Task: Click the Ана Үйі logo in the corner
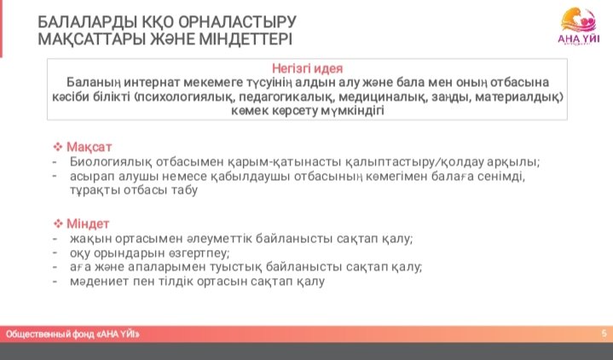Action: click(579, 26)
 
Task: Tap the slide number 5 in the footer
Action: click(604, 334)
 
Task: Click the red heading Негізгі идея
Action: click(307, 68)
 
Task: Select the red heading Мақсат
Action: click(90, 147)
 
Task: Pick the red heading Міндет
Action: click(88, 224)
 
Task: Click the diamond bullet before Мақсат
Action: click(58, 147)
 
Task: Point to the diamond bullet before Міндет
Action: click(58, 224)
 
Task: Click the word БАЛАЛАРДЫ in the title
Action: click(87, 22)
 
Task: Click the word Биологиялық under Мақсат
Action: click(111, 161)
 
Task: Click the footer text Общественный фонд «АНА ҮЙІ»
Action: click(72, 334)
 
